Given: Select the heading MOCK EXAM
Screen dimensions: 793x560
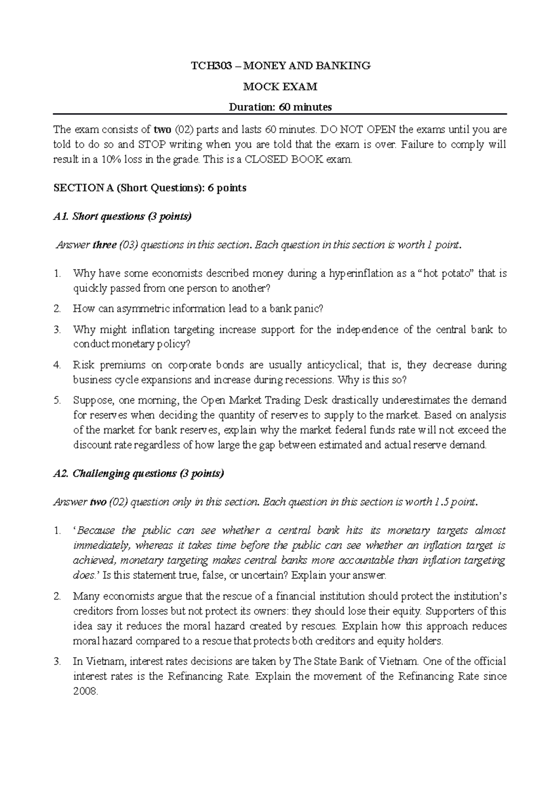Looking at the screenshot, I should coord(280,86).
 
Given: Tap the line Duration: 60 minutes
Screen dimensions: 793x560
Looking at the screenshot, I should coord(280,107).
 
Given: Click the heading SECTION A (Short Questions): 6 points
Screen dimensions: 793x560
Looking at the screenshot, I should coord(150,188).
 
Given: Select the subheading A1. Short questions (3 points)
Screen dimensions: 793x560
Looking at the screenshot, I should coord(123,216).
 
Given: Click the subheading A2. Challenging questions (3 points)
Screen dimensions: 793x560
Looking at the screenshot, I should coord(139,474).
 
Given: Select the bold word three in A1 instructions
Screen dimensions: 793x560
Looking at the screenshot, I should coord(105,245).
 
